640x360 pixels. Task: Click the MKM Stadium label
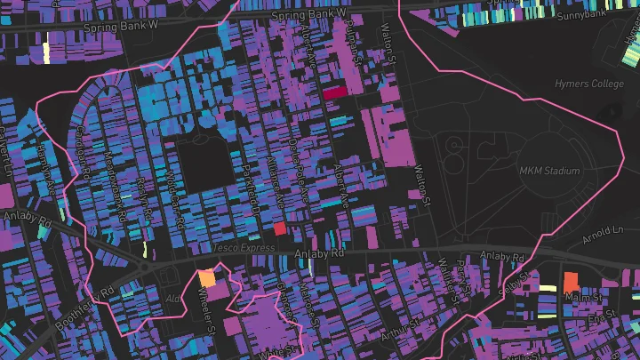point(548,170)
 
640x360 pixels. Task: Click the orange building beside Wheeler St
point(207,277)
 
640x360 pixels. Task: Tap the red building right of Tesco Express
point(280,228)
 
